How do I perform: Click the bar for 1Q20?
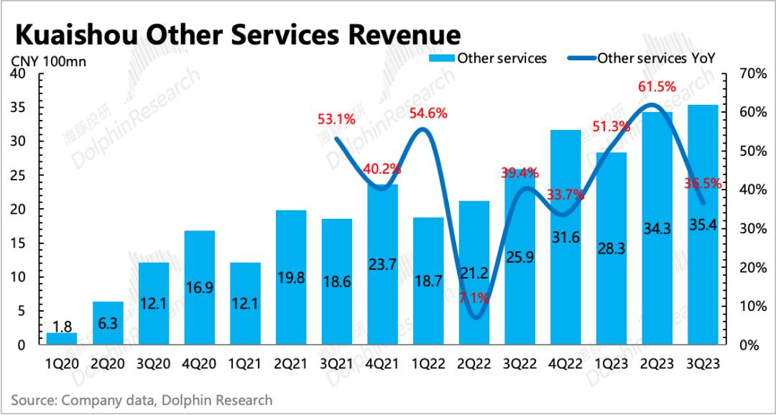tap(62, 339)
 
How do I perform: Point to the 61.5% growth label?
tap(657, 87)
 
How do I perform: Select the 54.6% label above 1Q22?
tap(428, 113)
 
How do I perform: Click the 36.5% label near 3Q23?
tap(703, 184)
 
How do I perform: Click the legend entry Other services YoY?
tap(657, 58)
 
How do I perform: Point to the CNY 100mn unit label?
tap(48, 61)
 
